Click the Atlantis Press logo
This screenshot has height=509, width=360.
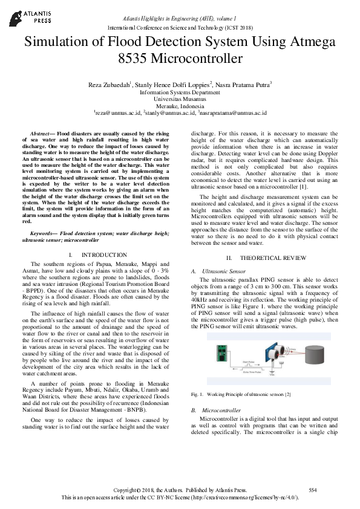point(27,16)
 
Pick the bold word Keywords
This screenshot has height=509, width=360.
point(43,233)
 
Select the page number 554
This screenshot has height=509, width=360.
point(313,489)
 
